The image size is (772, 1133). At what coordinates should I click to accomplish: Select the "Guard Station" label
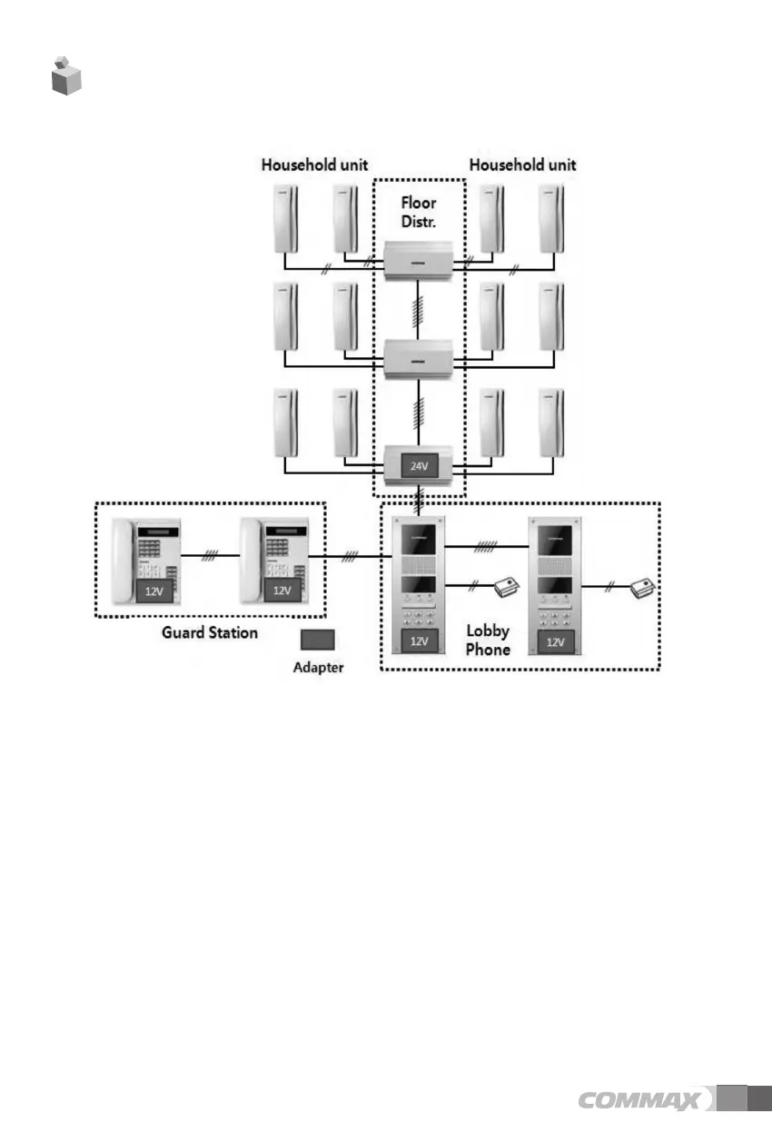[209, 631]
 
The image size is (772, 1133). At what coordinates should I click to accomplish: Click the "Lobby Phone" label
[488, 641]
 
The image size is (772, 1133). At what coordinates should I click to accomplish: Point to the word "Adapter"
[319, 668]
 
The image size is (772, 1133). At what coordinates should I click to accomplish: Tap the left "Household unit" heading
[314, 165]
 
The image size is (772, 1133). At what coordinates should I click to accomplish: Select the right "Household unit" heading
[522, 165]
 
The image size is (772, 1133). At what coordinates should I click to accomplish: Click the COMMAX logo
[639, 1101]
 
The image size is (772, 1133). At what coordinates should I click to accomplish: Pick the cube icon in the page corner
[65, 76]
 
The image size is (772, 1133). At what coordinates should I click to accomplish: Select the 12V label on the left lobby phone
[419, 641]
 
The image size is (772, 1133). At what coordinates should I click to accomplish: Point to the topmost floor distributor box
[419, 260]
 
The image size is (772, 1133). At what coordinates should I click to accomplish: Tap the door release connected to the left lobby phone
[507, 588]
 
